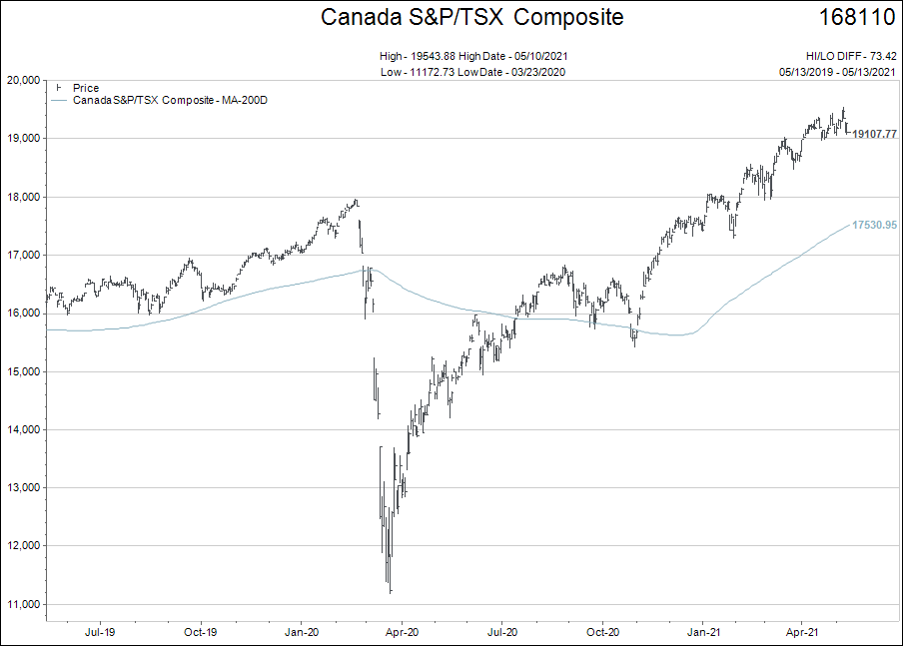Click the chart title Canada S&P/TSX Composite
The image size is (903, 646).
point(471,18)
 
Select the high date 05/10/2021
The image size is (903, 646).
point(540,57)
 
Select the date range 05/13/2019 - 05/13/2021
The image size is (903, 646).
point(838,72)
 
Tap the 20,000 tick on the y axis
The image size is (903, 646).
point(23,80)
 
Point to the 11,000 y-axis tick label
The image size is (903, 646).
point(23,604)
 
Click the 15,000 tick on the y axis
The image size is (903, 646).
point(23,371)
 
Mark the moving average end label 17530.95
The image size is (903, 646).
point(874,226)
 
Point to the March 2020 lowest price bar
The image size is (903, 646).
point(390,589)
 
